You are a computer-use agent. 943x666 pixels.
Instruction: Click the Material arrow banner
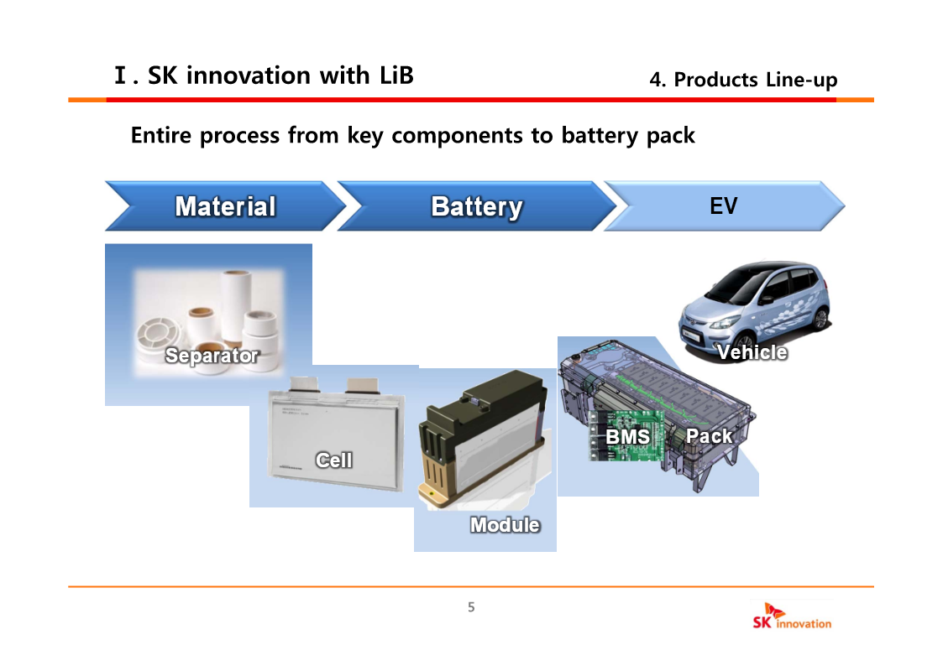(x=225, y=206)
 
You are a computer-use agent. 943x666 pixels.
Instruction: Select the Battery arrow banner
(x=476, y=206)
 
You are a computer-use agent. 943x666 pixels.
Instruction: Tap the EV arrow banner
(x=723, y=206)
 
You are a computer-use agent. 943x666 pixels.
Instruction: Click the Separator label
(x=212, y=356)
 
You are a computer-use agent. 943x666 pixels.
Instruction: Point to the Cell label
(x=333, y=460)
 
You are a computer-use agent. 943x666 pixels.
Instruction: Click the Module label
(x=505, y=525)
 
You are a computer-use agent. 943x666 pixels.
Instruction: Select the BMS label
(x=627, y=437)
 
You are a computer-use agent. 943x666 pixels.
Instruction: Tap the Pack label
(x=709, y=436)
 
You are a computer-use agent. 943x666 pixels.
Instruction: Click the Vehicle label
(x=752, y=352)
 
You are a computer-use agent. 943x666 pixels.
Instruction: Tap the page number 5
(x=471, y=607)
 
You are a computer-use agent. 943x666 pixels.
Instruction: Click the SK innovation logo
(x=792, y=617)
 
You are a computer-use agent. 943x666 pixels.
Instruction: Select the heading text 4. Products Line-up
(x=743, y=80)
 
